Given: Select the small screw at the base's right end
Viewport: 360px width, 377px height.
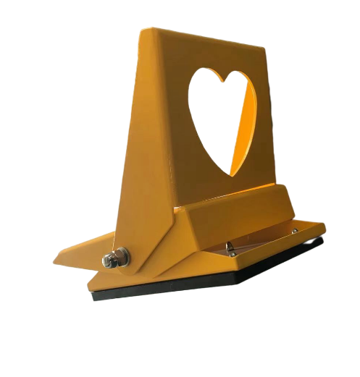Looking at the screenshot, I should click(294, 232).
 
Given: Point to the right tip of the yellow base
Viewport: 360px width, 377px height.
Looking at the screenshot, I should click(325, 229).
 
